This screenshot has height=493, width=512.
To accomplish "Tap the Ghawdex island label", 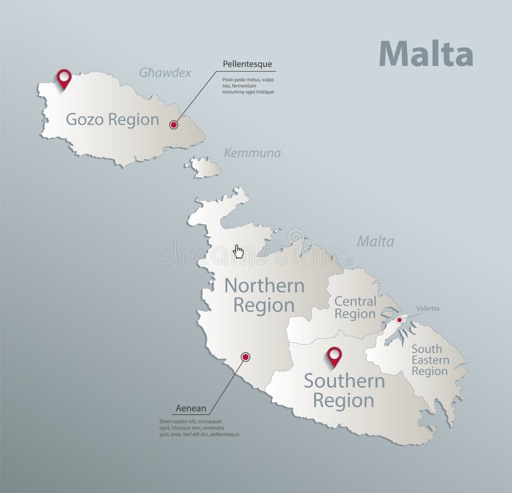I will click(x=165, y=73).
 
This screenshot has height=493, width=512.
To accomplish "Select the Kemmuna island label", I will click(x=252, y=153).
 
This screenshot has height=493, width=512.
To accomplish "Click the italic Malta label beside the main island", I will click(x=375, y=242).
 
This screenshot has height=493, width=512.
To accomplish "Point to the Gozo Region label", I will click(x=113, y=120).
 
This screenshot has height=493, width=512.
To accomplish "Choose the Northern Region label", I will click(x=259, y=295).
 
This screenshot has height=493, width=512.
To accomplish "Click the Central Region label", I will click(x=355, y=307).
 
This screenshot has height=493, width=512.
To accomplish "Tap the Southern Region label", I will click(x=344, y=391).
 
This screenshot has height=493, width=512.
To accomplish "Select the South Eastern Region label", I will click(x=430, y=360).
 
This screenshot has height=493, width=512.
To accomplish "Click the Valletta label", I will click(x=428, y=308).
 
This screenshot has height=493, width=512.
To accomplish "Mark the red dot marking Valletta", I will click(x=399, y=320).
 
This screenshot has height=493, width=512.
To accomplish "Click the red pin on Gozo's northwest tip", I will click(x=63, y=79).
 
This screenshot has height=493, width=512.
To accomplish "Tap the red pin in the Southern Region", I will click(x=334, y=356).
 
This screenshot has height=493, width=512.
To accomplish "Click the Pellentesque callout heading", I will click(x=247, y=64).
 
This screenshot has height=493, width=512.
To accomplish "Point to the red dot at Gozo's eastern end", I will click(x=173, y=125).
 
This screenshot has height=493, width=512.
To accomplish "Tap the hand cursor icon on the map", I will click(x=239, y=251).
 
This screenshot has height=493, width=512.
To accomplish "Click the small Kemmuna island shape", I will click(x=204, y=168).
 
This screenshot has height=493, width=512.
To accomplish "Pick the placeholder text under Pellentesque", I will click(x=248, y=86).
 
